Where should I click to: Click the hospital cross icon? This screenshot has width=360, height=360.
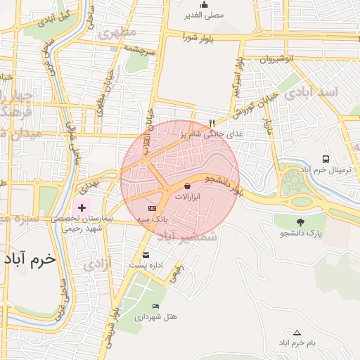[82, 207]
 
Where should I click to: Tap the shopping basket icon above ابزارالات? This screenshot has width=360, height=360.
[188, 186]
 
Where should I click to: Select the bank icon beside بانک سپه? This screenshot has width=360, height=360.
[151, 209]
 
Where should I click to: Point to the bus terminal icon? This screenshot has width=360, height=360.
[326, 160]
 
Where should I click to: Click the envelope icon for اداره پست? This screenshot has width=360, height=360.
[146, 255]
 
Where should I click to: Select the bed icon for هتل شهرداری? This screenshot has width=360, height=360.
[155, 307]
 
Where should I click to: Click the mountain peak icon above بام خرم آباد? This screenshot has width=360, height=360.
[297, 333]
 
